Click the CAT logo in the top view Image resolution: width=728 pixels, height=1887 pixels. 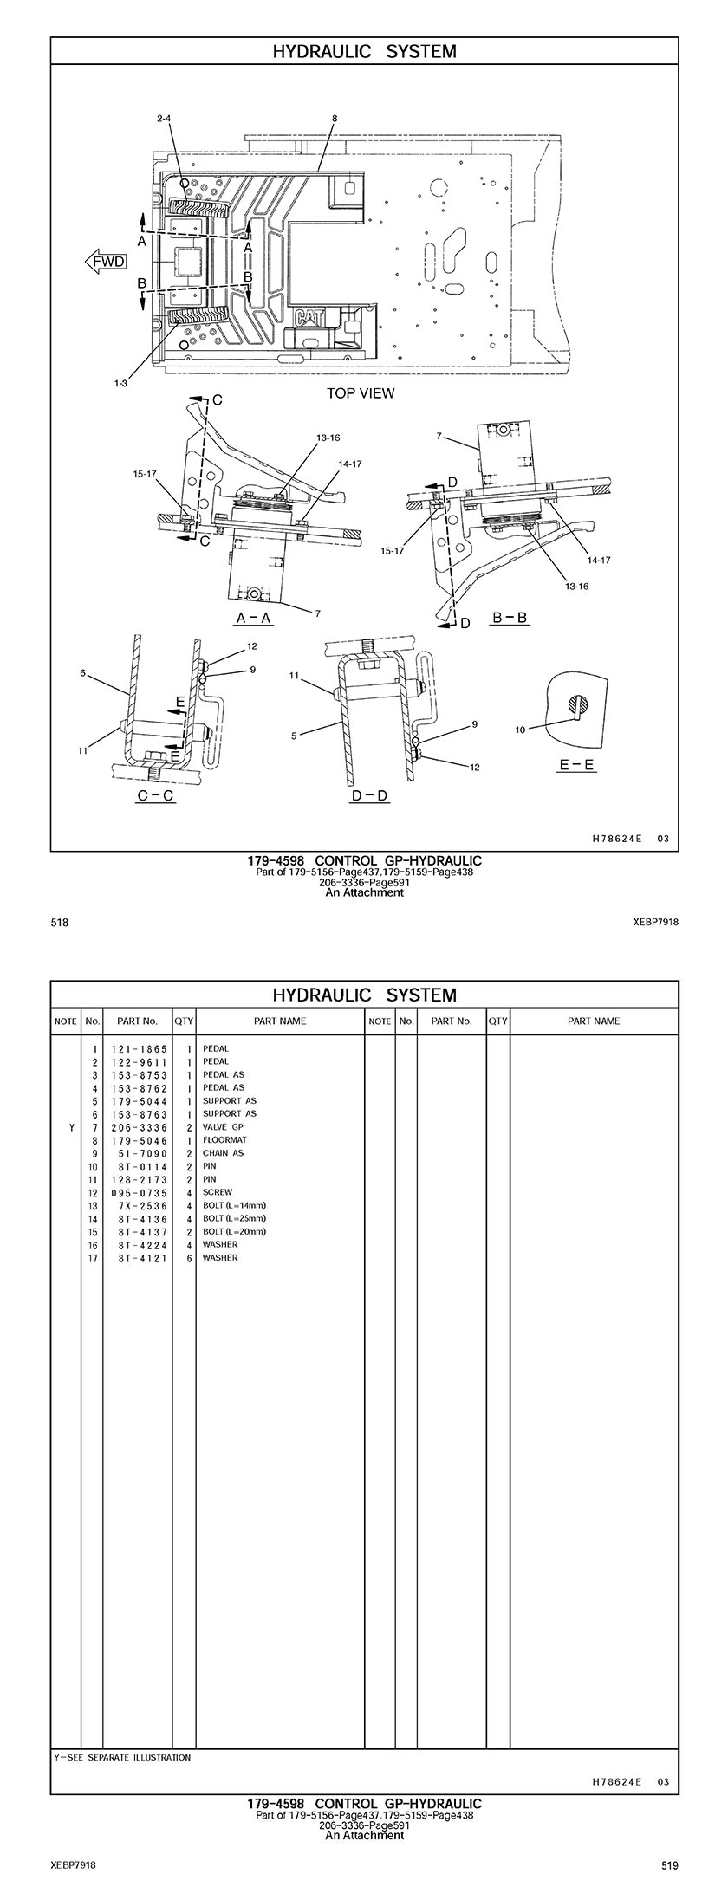click(x=309, y=317)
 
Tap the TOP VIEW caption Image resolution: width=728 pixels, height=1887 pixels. click(x=360, y=393)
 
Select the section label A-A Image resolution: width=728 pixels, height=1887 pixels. click(x=254, y=618)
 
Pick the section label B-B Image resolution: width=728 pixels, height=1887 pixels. click(x=510, y=618)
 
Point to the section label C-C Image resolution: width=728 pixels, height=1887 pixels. click(x=155, y=795)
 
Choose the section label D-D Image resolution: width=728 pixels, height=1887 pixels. click(x=369, y=795)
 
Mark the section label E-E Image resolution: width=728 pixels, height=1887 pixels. click(x=576, y=765)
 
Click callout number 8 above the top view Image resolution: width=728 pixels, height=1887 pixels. click(x=335, y=118)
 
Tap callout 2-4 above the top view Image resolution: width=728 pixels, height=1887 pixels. click(x=164, y=118)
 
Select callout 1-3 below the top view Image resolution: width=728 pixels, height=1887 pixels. click(x=120, y=382)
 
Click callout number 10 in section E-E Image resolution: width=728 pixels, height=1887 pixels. click(x=520, y=730)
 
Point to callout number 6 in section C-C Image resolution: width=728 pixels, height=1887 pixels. click(x=82, y=672)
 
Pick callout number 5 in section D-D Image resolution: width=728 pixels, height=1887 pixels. click(x=294, y=736)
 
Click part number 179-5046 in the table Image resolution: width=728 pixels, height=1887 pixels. click(x=139, y=1140)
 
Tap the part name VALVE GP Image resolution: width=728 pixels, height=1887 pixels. click(x=223, y=1127)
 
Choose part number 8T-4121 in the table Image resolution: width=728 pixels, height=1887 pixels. click(x=139, y=1257)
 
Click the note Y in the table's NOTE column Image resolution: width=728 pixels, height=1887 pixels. click(x=71, y=1127)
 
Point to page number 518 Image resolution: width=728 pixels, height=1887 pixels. click(x=60, y=923)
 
